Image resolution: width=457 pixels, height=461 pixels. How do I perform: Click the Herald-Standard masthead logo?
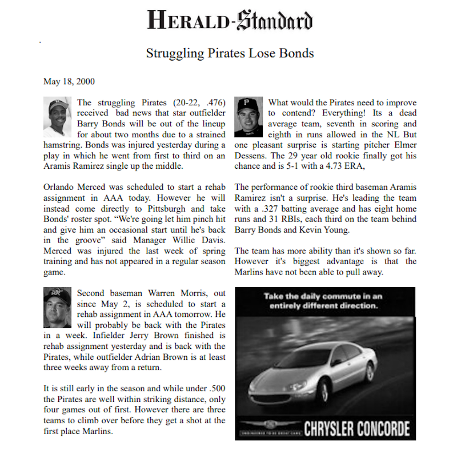(230, 21)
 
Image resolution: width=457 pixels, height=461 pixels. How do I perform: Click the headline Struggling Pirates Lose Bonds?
(230, 54)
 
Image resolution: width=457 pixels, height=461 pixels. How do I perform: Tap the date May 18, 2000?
(69, 82)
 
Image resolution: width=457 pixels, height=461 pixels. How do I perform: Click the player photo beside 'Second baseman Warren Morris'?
(57, 307)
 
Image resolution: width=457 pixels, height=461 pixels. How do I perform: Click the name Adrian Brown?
(179, 356)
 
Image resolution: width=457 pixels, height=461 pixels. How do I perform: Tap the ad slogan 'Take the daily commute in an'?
(323, 296)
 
